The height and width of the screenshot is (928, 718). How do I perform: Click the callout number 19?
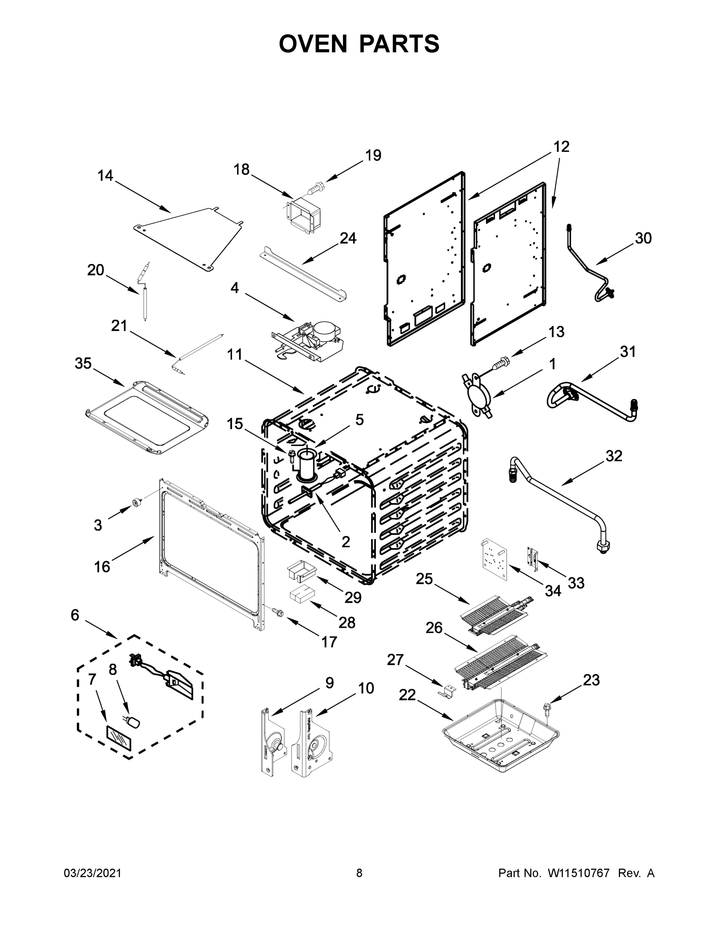(373, 155)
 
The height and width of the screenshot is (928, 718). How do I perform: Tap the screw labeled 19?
(315, 188)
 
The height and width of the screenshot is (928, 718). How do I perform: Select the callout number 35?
(83, 363)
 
